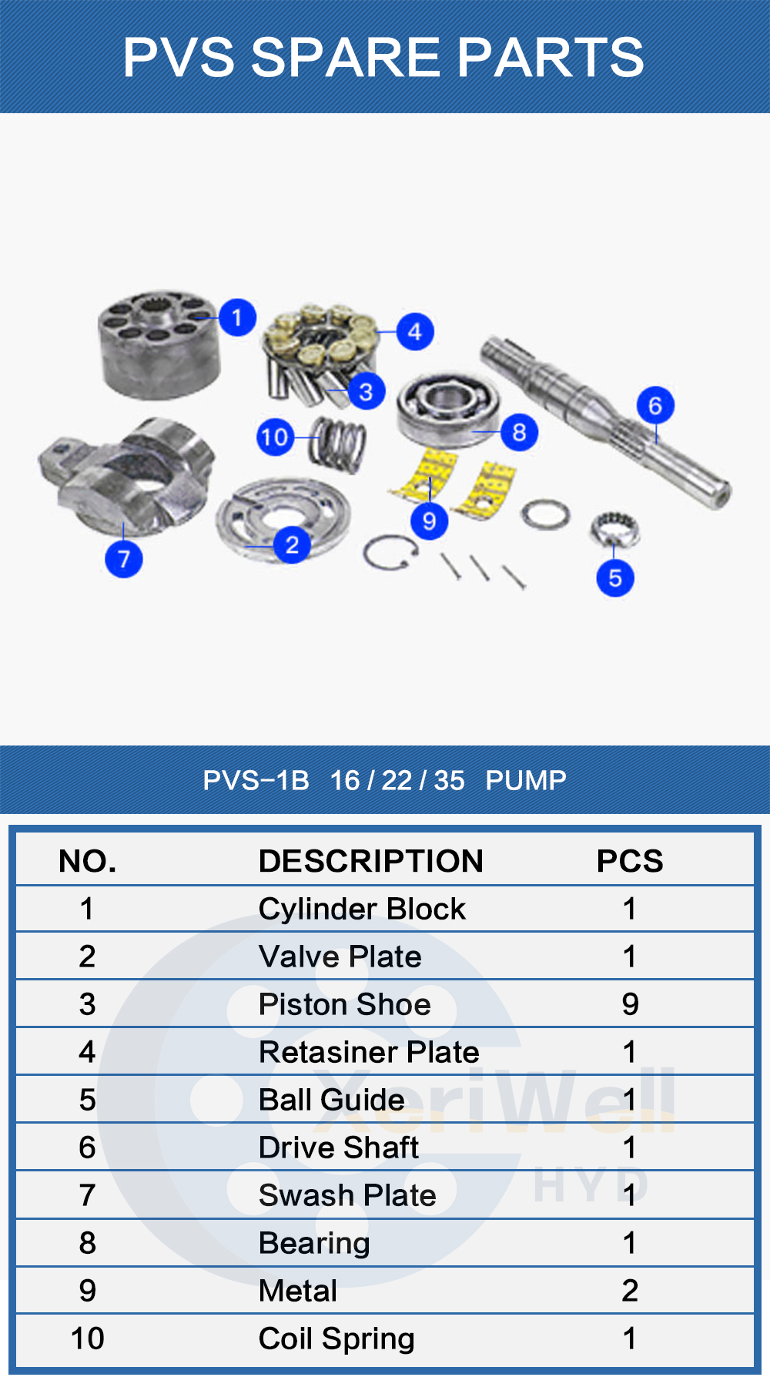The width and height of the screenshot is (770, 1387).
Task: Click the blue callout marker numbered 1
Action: coord(237,317)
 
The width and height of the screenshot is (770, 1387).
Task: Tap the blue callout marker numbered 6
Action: coord(655,405)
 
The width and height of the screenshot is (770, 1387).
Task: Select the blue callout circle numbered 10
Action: coord(275,437)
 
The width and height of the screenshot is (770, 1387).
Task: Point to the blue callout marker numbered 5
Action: coord(615,578)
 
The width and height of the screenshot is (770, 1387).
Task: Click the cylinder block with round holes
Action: coord(159,344)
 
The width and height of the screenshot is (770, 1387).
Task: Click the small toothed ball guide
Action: coord(614,528)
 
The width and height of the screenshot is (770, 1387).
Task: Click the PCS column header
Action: coord(630,861)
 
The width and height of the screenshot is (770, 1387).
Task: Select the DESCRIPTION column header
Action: coord(371,861)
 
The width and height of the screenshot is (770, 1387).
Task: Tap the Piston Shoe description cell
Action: coord(345,1004)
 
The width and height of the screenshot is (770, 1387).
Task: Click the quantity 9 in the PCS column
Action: coord(630,1004)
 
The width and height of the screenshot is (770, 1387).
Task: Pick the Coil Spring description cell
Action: coord(336,1338)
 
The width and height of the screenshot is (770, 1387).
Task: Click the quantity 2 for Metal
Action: coord(630,1291)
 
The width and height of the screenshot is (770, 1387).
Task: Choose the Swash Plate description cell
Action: coord(347,1195)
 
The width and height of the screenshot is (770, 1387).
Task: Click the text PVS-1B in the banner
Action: coord(256,780)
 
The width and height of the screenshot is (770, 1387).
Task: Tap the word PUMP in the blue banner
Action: coord(526,780)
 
